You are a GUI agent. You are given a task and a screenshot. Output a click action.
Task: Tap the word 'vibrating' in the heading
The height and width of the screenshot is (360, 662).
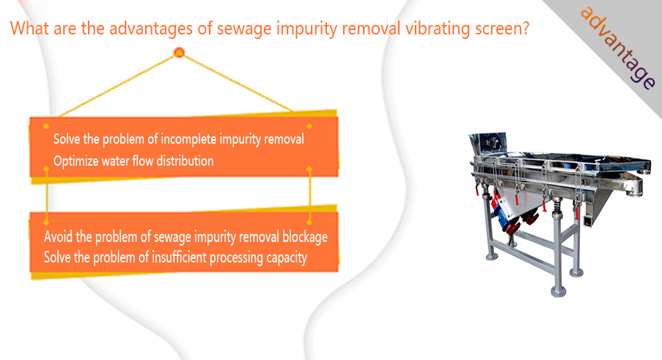tap(438, 28)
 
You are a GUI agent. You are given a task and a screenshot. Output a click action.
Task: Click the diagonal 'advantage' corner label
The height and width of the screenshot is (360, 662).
tap(618, 47)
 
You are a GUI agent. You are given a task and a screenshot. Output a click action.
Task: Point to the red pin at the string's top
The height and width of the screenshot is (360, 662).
tap(179, 53)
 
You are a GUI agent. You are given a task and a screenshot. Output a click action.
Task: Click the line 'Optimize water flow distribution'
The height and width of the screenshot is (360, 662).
tap(133, 161)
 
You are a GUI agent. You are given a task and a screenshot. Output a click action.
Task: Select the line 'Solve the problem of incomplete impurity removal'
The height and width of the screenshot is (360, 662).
tap(179, 139)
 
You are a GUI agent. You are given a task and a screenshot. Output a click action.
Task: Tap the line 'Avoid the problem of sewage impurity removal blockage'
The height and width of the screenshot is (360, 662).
tap(185, 237)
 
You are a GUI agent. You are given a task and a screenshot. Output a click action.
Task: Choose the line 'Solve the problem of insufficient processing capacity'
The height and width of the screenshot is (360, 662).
tap(175, 257)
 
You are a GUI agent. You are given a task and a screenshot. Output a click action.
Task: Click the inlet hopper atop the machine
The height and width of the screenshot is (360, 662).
tap(489, 144)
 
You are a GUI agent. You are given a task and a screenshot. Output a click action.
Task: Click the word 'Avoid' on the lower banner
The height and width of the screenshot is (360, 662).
tap(58, 236)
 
